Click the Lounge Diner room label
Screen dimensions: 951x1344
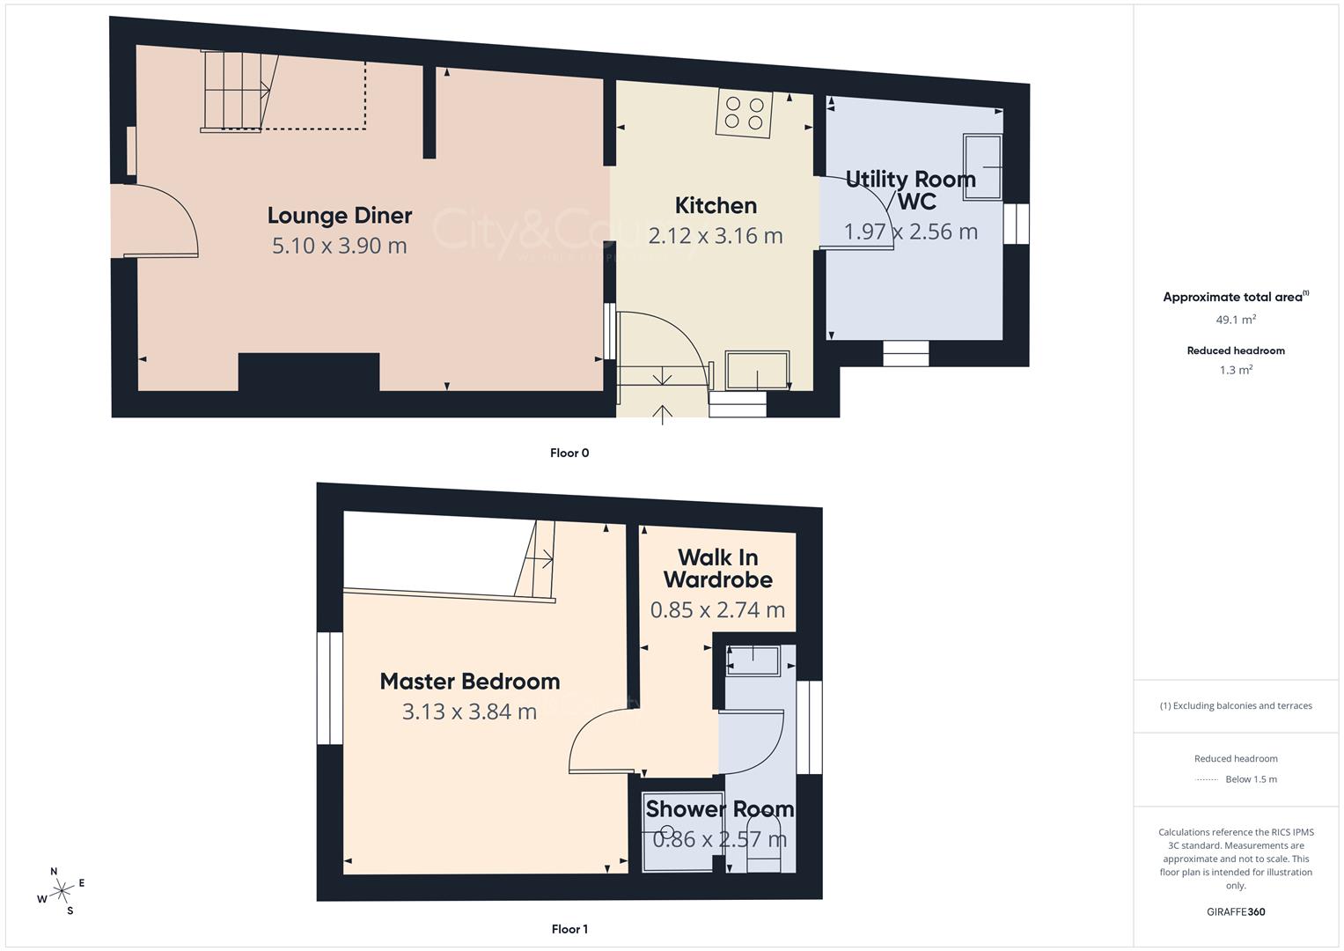340,216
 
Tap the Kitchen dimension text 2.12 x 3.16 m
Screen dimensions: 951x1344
716,236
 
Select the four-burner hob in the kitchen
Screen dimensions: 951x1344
745,113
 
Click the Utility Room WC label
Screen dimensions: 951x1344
911,190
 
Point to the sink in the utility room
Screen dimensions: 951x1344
982,166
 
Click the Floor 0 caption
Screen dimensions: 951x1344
569,453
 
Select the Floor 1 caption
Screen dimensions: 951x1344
569,929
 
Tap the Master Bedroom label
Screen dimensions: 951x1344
470,682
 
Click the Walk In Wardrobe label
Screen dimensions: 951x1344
717,569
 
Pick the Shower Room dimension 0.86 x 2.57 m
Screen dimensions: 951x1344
719,840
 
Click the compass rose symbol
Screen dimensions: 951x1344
62,891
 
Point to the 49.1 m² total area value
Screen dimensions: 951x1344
1236,321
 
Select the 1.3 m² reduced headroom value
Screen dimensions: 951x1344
1236,371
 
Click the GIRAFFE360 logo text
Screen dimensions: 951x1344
1236,912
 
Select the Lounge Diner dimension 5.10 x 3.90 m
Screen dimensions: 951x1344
340,246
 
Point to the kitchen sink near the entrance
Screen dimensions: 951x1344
757,370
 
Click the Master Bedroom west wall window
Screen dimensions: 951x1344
330,688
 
